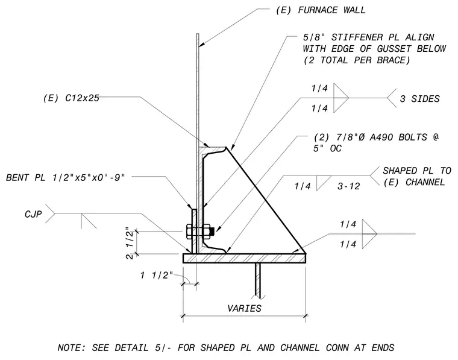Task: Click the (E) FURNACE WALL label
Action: (321, 10)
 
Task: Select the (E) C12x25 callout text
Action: (71, 98)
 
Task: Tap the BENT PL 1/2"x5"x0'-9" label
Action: (66, 177)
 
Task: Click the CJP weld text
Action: (33, 214)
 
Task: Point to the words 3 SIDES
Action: (420, 99)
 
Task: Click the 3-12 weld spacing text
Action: (349, 186)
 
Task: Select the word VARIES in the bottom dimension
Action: (245, 308)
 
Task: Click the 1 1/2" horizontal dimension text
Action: (157, 275)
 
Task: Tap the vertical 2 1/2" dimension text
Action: (130, 243)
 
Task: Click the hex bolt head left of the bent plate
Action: (189, 232)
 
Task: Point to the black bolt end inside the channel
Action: (212, 232)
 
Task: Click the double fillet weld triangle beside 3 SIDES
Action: (341, 98)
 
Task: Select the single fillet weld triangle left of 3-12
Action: (324, 183)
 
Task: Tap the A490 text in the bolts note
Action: (381, 137)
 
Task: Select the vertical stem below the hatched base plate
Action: (258, 280)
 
